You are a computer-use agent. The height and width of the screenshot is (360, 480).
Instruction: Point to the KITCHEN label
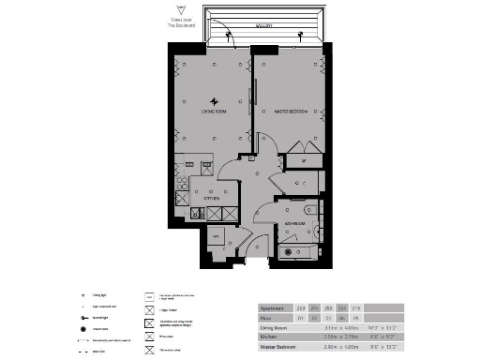click(x=212, y=199)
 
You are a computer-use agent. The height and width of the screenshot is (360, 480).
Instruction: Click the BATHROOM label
click(x=294, y=225)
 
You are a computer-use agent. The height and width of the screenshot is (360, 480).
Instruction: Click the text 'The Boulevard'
click(x=179, y=25)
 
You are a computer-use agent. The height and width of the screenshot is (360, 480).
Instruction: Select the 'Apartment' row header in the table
click(x=274, y=307)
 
